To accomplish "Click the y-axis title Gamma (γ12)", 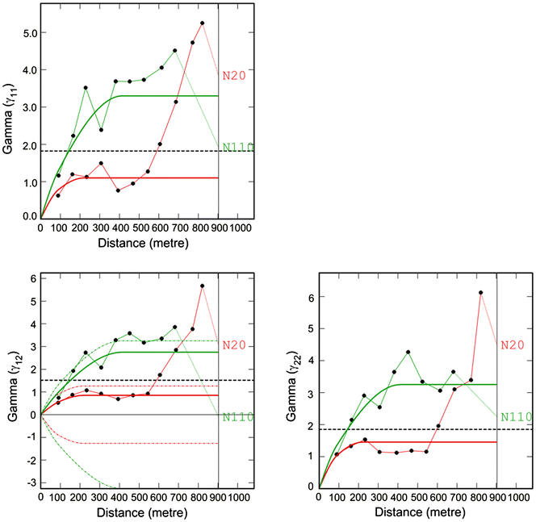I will pyautogui.click(x=11, y=378).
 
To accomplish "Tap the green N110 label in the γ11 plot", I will pyautogui.click(x=239, y=147).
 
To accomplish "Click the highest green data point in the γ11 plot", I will pyautogui.click(x=174, y=51).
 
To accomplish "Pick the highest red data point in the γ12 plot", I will pyautogui.click(x=202, y=286).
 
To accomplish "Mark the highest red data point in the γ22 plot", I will pyautogui.click(x=480, y=293).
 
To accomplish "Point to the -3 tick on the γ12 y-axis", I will pyautogui.click(x=31, y=482).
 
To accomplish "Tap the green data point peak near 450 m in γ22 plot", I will pyautogui.click(x=408, y=352).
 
